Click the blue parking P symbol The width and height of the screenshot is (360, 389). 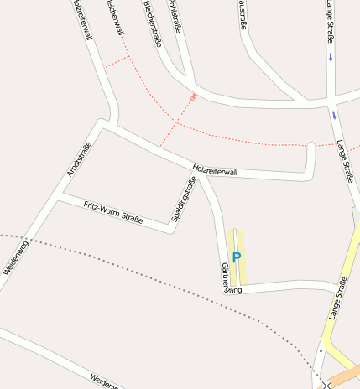click(236, 257)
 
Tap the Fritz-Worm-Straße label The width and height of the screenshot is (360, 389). click(113, 212)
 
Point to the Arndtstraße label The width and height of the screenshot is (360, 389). click(78, 159)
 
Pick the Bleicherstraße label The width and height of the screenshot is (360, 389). click(152, 23)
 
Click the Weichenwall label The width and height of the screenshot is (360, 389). click(115, 17)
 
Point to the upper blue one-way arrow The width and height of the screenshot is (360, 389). click(331, 57)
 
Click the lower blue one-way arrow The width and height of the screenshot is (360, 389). click(334, 115)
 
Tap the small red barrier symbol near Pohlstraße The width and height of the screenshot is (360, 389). click(194, 97)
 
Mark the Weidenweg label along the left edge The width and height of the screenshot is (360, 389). click(17, 255)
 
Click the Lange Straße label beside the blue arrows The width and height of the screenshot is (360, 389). click(344, 160)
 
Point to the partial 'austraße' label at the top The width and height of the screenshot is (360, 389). click(242, 14)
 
